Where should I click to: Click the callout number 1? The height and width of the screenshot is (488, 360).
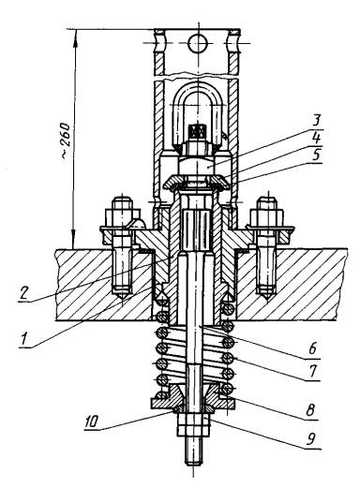pos(22,339)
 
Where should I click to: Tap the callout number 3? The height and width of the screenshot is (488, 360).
pos(316,121)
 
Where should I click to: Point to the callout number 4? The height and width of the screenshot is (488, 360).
pos(316,138)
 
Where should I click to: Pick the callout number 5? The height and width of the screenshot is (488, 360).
pos(316,154)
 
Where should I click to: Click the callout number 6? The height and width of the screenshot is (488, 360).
pos(313,348)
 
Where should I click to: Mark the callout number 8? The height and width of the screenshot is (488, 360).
pos(310,410)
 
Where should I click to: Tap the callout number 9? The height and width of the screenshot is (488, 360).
pos(310,439)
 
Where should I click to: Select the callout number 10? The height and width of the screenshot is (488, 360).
pos(92,421)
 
